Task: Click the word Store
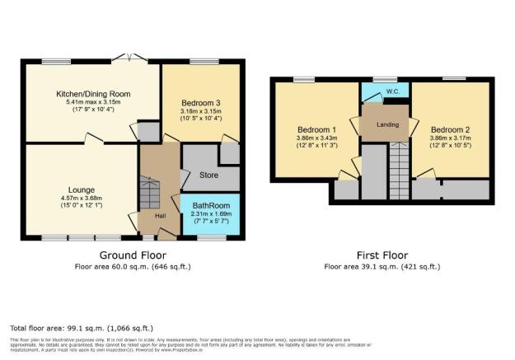pyautogui.click(x=209, y=175)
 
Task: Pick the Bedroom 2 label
pyautogui.click(x=450, y=129)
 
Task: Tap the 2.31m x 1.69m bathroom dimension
pyautogui.click(x=211, y=213)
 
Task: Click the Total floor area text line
pyautogui.click(x=82, y=327)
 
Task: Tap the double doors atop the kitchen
pyautogui.click(x=128, y=58)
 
